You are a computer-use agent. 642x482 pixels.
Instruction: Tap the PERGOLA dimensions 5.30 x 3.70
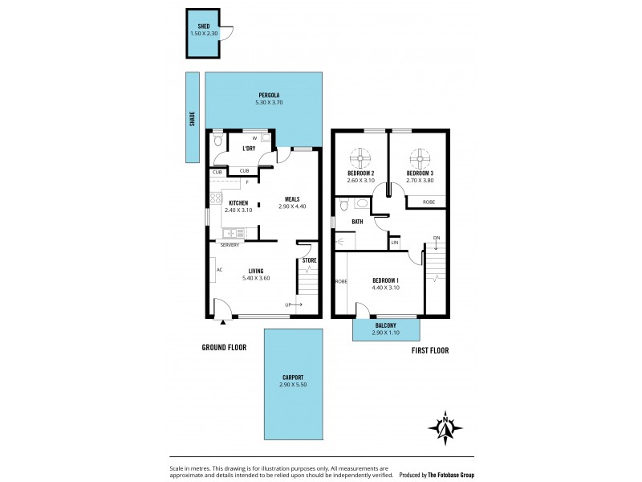coord(268,102)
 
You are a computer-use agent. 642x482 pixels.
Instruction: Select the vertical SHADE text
coord(192,119)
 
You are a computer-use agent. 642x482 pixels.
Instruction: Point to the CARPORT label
coord(292,377)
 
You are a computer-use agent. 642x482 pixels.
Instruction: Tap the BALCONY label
coord(384,325)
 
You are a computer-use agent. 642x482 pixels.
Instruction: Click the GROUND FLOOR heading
coord(224,348)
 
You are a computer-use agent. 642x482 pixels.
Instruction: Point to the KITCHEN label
coord(238,202)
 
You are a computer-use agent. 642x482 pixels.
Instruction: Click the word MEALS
coord(292,198)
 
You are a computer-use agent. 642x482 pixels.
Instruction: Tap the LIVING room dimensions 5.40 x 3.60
coord(256,278)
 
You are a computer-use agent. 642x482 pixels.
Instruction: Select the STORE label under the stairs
coord(309,259)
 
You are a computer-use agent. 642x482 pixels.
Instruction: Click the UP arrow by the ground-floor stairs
coord(293,304)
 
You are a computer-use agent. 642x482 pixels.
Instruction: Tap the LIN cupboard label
coord(394,242)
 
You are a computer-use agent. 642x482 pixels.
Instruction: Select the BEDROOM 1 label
coord(385,280)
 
